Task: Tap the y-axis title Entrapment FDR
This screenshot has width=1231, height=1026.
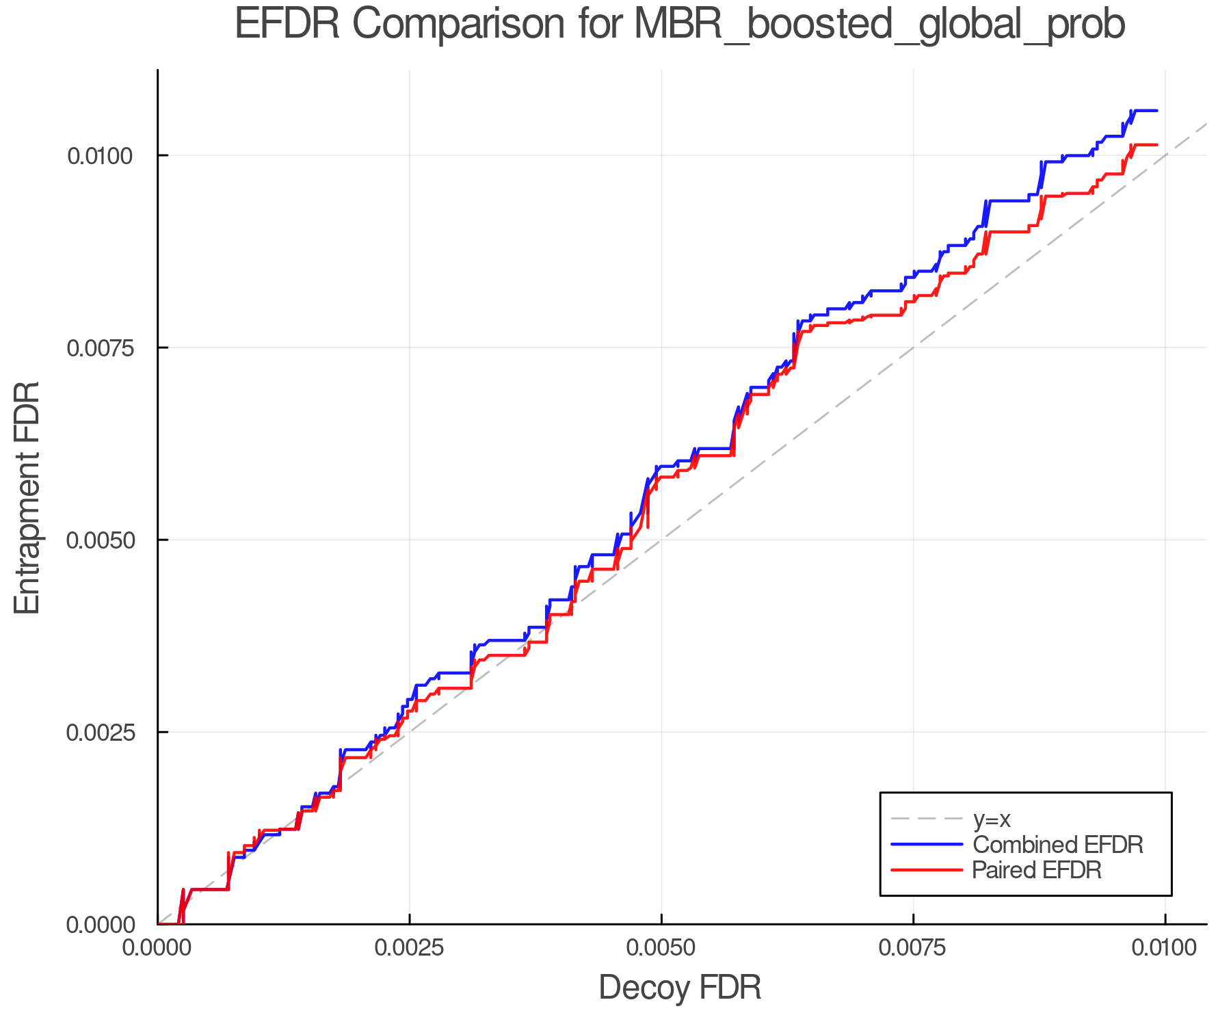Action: click(27, 497)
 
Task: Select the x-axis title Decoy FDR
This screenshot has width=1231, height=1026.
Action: click(680, 988)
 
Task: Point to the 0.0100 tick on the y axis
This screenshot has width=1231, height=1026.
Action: click(99, 156)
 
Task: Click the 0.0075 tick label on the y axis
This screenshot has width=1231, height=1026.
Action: click(99, 348)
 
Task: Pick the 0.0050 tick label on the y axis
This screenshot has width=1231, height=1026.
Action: click(99, 540)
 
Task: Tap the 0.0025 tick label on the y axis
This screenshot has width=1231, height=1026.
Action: click(99, 733)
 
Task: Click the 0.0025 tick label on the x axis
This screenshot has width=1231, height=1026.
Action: click(409, 948)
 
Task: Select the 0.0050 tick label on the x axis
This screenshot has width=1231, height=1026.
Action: click(661, 948)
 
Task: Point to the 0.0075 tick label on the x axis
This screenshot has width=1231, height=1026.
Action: click(914, 948)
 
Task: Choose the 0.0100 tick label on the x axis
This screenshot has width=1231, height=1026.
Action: click(1165, 948)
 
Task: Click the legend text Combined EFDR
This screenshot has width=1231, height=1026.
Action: click(1057, 845)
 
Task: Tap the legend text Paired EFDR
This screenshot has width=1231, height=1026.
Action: click(1037, 870)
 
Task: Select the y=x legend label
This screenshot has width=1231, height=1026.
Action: click(992, 819)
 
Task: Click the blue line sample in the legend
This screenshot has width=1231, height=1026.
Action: click(927, 845)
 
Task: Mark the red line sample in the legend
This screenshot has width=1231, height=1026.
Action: click(927, 870)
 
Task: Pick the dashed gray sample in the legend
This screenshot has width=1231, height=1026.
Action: click(927, 819)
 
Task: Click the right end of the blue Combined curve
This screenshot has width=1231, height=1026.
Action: click(1156, 111)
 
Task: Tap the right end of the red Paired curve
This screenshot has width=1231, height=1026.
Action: click(1156, 145)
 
